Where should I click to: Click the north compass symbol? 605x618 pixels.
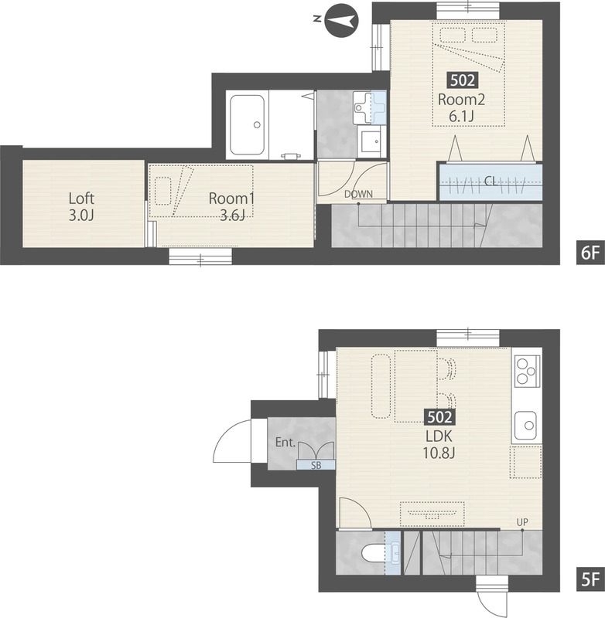[341, 21]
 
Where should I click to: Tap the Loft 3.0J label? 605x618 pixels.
[81, 206]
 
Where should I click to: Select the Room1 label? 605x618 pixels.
[231, 198]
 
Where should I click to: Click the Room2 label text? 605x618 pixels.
[461, 100]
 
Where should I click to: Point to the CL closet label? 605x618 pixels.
[490, 182]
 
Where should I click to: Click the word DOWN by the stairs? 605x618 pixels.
[358, 194]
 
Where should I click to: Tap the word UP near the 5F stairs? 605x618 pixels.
[522, 523]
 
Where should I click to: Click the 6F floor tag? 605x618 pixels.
[590, 253]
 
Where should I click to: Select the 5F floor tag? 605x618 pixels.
[590, 579]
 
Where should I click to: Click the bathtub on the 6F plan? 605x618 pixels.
[248, 125]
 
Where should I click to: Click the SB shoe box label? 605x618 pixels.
[316, 465]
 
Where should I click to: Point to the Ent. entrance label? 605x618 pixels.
[285, 442]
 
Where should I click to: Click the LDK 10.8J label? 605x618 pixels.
[439, 445]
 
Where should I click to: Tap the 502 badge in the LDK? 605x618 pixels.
[439, 417]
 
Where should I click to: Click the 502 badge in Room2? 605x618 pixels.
[462, 80]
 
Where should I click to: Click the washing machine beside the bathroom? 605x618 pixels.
[372, 141]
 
